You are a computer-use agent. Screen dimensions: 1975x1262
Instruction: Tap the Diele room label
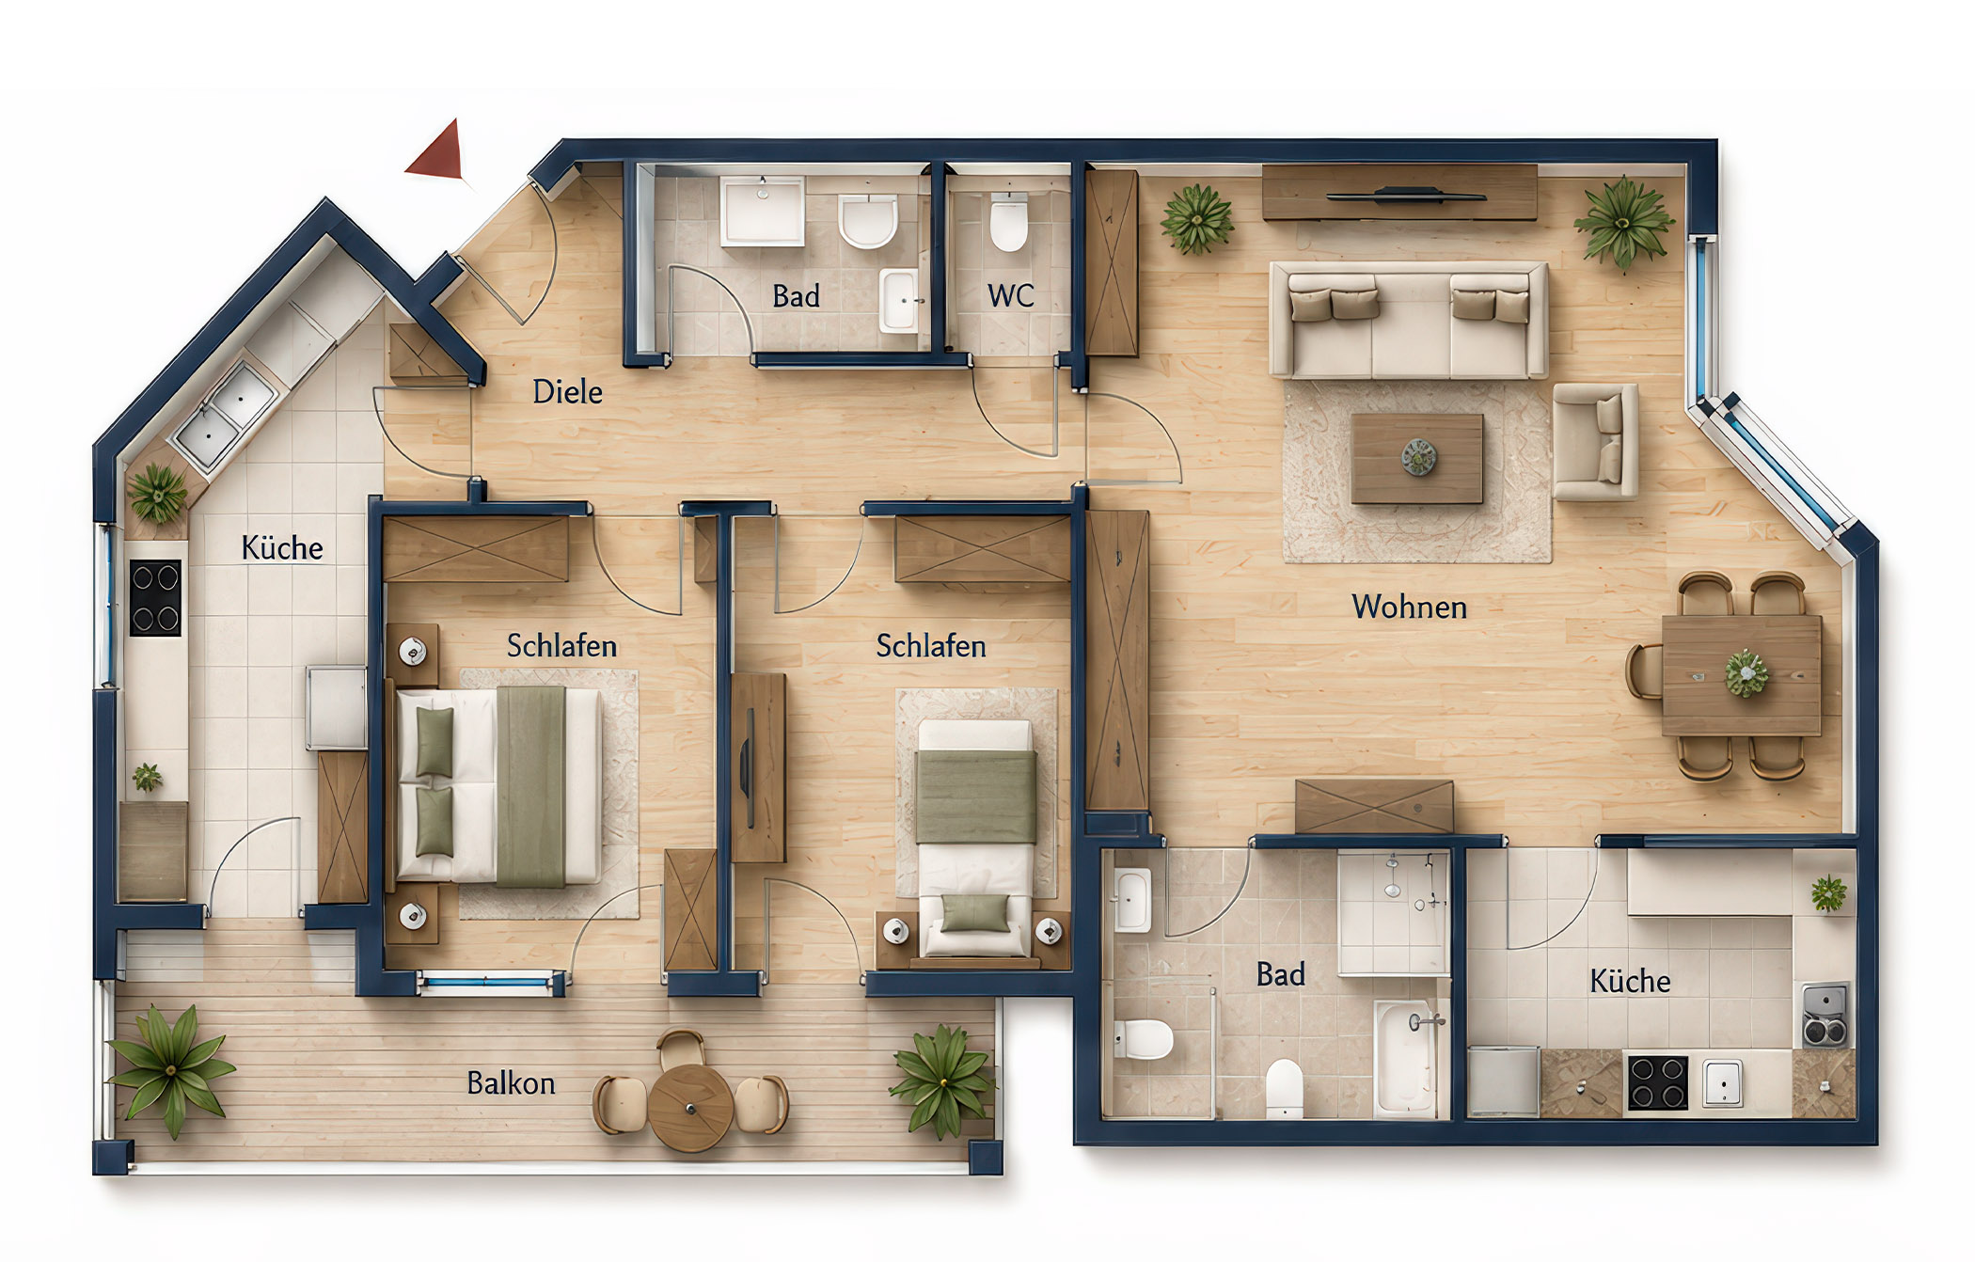point(567,392)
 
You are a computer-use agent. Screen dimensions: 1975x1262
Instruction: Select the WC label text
point(1010,296)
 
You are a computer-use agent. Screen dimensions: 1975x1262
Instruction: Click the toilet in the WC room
point(1009,223)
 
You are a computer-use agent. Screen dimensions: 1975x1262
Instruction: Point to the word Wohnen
point(1409,607)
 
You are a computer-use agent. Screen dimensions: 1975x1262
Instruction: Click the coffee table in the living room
point(1417,459)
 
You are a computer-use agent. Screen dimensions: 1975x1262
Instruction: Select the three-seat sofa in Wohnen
point(1408,320)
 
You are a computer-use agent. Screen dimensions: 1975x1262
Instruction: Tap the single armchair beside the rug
point(1595,441)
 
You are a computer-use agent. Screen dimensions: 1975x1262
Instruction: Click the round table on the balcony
point(690,1108)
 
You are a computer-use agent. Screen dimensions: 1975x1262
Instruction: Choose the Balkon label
point(511,1084)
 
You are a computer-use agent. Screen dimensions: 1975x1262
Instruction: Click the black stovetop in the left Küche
point(155,598)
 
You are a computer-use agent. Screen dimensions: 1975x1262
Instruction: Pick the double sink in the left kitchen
point(226,417)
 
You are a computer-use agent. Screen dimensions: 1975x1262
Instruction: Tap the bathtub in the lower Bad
point(1408,1056)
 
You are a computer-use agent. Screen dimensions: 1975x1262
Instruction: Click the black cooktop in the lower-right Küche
point(1657,1083)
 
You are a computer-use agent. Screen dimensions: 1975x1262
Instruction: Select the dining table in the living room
point(1742,675)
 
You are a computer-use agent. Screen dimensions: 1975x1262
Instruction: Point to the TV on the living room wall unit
point(1406,197)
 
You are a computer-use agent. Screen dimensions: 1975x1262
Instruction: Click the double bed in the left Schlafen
point(499,786)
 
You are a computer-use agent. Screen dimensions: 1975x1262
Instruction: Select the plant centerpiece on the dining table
point(1746,673)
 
